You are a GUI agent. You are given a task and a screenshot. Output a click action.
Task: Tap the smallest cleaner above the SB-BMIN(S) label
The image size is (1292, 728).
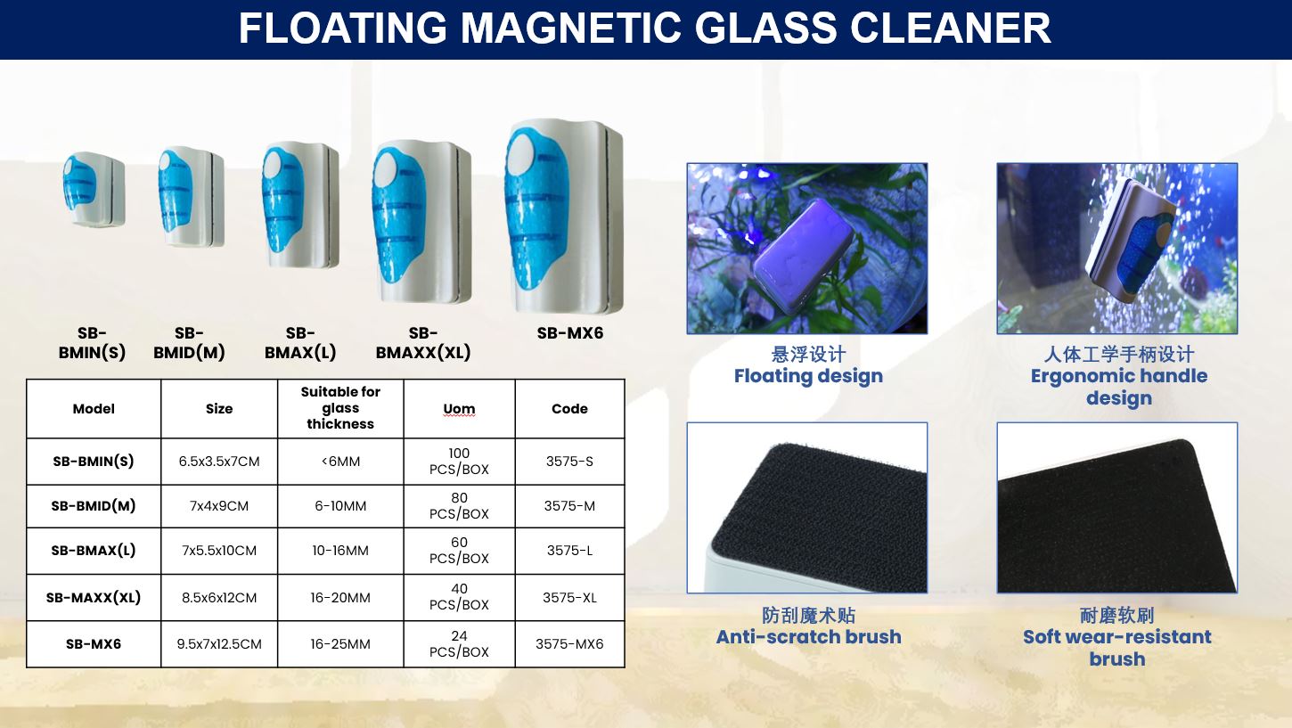click(94, 189)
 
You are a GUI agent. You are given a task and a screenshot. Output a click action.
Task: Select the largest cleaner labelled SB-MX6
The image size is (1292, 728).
click(563, 217)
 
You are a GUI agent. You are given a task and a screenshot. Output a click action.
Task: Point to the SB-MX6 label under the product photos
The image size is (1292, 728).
click(570, 333)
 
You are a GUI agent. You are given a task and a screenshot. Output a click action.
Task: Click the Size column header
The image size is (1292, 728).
click(219, 408)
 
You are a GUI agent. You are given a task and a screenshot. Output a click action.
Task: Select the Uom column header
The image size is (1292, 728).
click(459, 408)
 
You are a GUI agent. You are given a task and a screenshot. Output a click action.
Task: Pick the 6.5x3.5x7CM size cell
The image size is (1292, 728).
click(219, 462)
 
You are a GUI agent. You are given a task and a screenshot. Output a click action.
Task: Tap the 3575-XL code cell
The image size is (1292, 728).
click(570, 598)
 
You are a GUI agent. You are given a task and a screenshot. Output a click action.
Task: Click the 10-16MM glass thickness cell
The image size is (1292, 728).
click(340, 551)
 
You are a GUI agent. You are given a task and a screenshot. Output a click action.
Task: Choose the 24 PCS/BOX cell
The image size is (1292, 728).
click(459, 643)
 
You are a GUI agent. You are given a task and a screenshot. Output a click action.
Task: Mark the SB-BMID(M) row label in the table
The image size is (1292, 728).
click(94, 506)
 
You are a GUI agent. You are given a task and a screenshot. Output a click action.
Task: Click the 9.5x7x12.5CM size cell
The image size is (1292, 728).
click(219, 643)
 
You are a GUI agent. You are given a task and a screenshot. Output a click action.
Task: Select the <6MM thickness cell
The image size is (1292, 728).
click(340, 462)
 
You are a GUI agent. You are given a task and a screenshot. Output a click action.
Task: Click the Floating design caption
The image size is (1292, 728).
click(808, 376)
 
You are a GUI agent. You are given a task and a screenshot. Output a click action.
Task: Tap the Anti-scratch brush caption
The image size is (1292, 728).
click(808, 637)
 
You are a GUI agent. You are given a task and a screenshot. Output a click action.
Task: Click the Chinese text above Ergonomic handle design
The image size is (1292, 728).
click(1118, 354)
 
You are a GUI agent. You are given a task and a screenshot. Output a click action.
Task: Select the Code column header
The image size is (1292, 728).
click(570, 408)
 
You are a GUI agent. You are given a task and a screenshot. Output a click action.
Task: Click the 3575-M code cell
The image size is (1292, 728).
click(570, 506)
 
